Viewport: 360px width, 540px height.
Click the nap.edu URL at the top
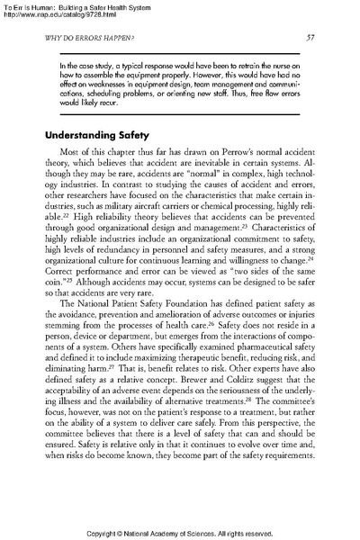[x=63, y=14]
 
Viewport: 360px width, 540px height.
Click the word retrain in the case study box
[x=247, y=67]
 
